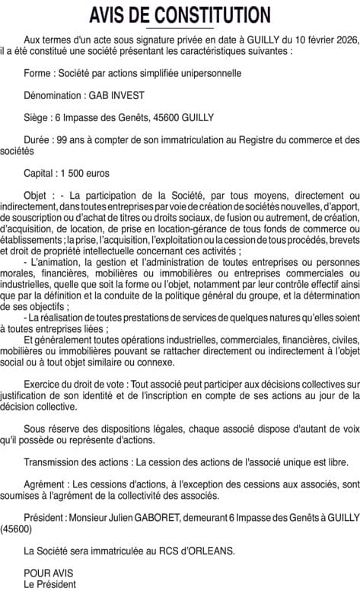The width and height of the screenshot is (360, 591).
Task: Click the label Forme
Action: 39,74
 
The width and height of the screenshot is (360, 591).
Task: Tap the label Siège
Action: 37,118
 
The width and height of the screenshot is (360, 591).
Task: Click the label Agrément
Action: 47,484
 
